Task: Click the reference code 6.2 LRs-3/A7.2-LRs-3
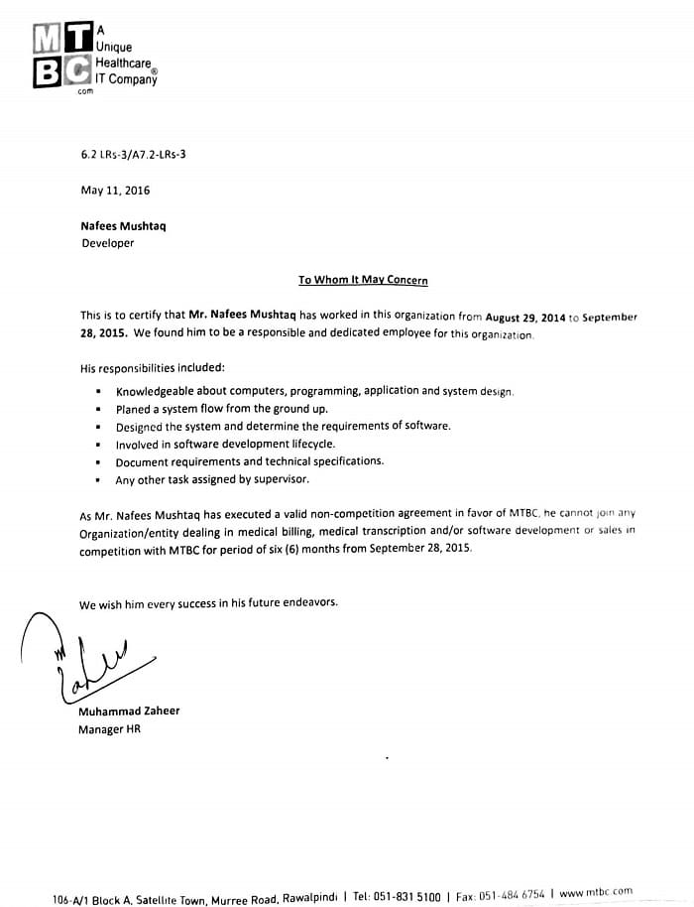tap(133, 155)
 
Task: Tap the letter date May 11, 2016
tap(115, 191)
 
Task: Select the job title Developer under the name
tap(107, 243)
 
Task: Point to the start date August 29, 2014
tap(524, 318)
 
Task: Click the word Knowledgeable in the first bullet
tap(158, 391)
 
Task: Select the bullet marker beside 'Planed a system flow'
tap(99, 409)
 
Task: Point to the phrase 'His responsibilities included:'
tap(152, 368)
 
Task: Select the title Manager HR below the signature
tap(109, 729)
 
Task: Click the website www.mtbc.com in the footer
tap(595, 893)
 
